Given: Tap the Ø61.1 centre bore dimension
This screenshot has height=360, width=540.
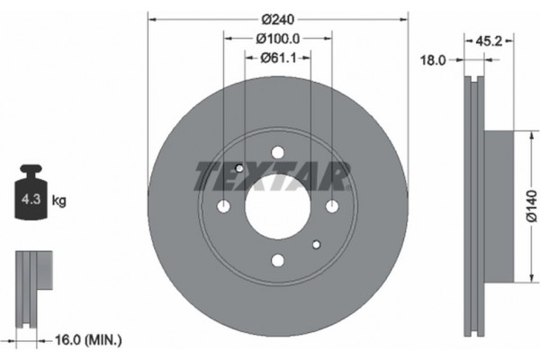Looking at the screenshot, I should (277, 58).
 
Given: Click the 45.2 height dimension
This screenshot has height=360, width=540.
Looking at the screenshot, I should (489, 40).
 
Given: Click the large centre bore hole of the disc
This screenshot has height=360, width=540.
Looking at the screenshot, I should (277, 206).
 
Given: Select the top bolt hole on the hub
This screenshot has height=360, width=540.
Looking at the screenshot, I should (277, 152).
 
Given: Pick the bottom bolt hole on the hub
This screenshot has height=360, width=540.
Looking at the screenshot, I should (277, 261).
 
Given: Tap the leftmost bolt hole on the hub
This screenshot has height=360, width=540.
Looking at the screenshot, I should (223, 207).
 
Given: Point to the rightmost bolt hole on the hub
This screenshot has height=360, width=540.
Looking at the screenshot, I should (332, 207).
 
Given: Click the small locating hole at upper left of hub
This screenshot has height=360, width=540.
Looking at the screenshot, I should (239, 168).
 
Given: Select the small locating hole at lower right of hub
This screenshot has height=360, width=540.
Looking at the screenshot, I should (316, 245).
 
